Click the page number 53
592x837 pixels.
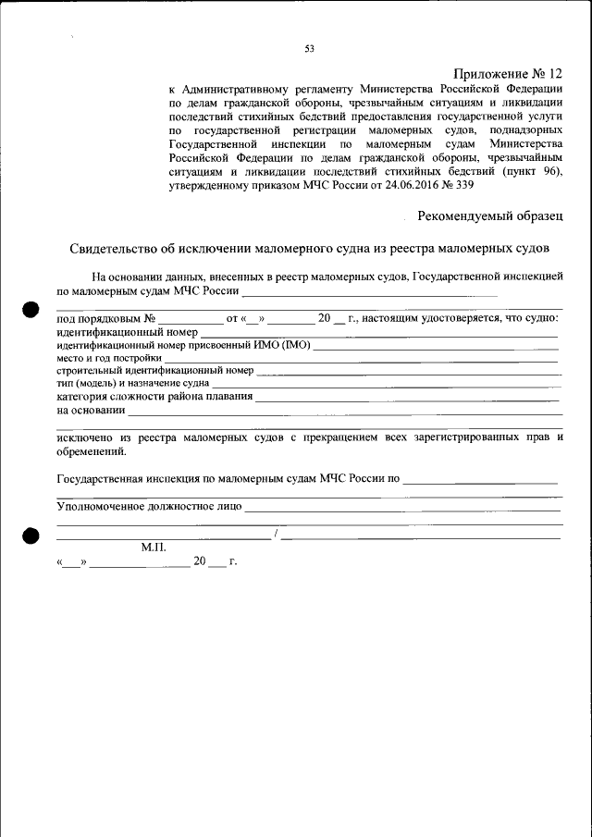pyautogui.click(x=310, y=49)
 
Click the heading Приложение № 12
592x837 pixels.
pyautogui.click(x=508, y=73)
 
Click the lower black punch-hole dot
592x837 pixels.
pyautogui.click(x=31, y=536)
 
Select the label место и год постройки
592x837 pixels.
pyautogui.click(x=109, y=357)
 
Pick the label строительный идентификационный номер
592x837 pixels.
pyautogui.click(x=154, y=370)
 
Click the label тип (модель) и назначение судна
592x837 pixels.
pyautogui.click(x=132, y=383)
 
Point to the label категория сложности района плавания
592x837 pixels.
pyautogui.click(x=154, y=397)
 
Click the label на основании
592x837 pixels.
pyautogui.click(x=91, y=410)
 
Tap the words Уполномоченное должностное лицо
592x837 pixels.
pyautogui.click(x=149, y=506)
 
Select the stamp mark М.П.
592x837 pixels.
pyautogui.click(x=153, y=548)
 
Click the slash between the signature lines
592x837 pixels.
pyautogui.click(x=276, y=535)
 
